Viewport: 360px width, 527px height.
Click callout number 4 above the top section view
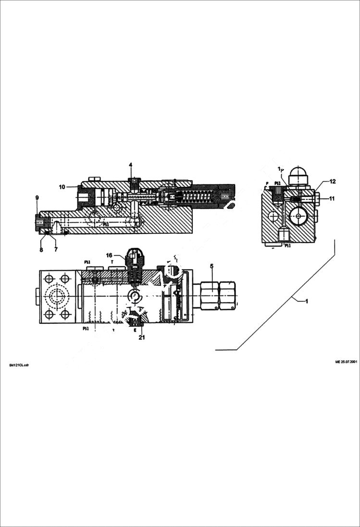point(130,165)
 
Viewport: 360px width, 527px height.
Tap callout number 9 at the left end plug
point(37,198)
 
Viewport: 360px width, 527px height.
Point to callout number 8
point(41,250)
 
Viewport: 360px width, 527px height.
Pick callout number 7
point(56,250)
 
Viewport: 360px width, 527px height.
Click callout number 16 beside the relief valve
point(109,255)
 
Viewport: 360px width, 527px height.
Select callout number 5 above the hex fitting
point(211,266)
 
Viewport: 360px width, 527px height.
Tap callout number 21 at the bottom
point(142,337)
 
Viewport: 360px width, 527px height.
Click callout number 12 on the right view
point(333,182)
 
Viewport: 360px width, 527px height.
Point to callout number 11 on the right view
point(332,198)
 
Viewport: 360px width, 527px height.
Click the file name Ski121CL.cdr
point(19,365)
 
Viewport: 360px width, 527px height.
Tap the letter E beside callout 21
point(135,330)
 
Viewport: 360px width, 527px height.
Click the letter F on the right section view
point(267,184)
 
